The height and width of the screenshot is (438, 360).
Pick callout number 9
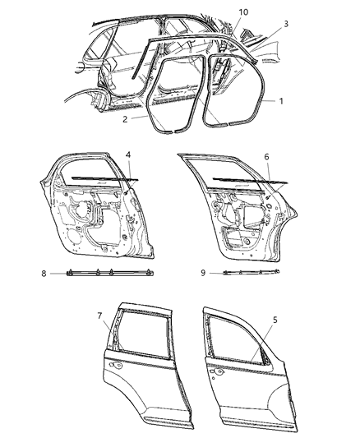tap(202, 270)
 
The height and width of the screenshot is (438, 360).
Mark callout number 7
tap(100, 316)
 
